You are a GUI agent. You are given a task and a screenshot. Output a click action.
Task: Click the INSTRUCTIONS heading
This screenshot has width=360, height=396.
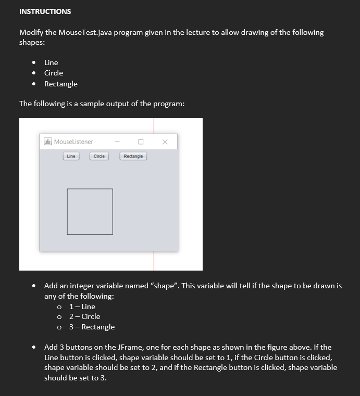point(45,11)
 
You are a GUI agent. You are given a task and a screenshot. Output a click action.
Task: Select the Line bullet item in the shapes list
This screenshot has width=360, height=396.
point(51,62)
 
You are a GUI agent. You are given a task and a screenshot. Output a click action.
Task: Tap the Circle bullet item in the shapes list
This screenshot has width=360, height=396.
point(53,73)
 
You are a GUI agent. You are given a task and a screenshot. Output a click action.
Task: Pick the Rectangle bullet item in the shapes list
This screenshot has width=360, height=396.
point(60,84)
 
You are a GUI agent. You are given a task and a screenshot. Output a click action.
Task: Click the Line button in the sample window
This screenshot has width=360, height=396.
point(71,156)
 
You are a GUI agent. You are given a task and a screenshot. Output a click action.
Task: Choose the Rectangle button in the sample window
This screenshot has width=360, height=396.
point(133,156)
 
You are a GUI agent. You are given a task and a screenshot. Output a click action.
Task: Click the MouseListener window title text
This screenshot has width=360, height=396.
point(73,142)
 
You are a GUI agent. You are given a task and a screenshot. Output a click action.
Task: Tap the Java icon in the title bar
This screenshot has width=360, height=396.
point(48,142)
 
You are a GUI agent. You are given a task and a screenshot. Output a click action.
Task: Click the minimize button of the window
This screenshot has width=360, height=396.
point(117,142)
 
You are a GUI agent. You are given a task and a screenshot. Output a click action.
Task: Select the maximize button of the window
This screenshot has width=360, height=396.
point(141,142)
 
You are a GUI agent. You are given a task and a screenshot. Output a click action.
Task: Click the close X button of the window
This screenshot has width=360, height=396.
point(165,142)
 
